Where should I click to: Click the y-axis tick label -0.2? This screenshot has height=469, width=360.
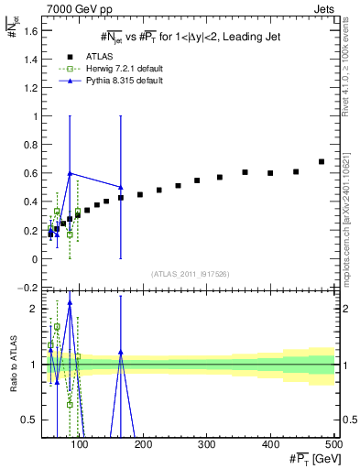pyautogui.click(x=28, y=288)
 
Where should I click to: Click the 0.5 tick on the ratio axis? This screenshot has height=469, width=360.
pyautogui.click(x=30, y=420)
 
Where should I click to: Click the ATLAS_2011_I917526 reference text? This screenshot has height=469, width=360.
pyautogui.click(x=190, y=274)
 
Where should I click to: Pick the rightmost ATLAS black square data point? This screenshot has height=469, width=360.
pyautogui.click(x=322, y=162)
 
